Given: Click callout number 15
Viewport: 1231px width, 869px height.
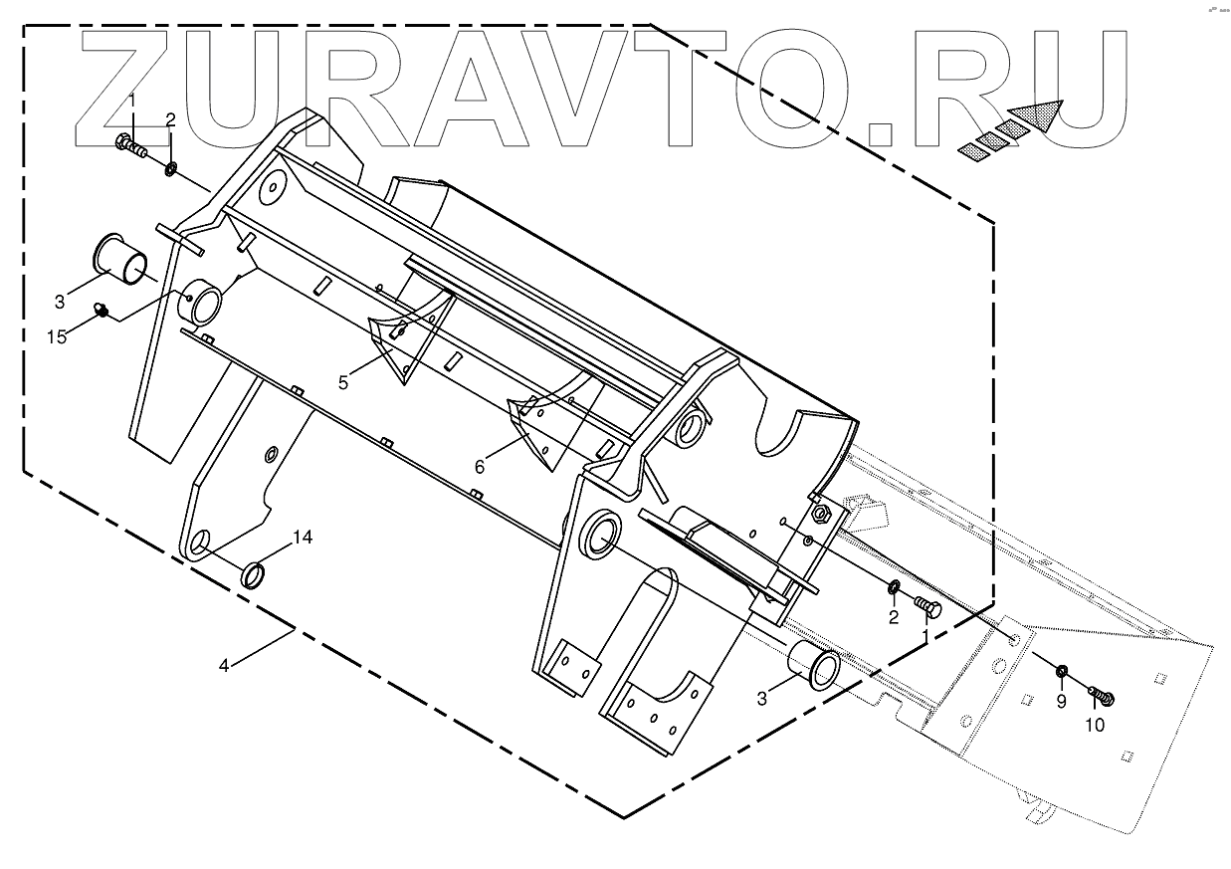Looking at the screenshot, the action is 58,336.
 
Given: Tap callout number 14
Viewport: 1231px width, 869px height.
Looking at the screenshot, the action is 303,538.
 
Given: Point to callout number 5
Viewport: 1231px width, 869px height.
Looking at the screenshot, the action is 343,382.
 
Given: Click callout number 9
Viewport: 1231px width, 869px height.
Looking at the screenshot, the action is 1061,702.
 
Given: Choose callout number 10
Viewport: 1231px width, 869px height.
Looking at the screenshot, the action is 1094,725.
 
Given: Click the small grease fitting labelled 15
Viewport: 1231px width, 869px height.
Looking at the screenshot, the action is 101,313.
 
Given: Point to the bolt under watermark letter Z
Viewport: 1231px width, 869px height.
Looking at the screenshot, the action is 130,146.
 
